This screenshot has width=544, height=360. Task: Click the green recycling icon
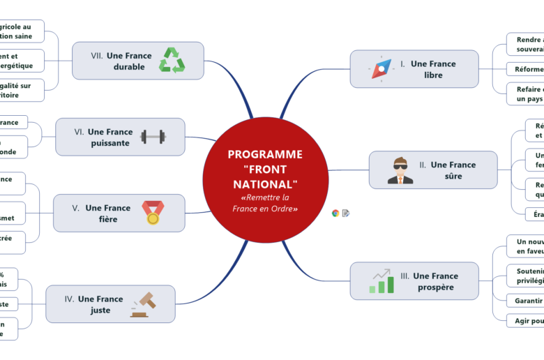[x=172, y=60]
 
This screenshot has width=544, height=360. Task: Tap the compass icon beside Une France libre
[x=381, y=69]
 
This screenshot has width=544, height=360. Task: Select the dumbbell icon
[x=153, y=137]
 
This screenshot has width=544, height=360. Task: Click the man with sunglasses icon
[x=400, y=170]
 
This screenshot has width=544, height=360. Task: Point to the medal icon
[x=152, y=212]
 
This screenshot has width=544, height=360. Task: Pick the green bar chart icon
[x=381, y=280]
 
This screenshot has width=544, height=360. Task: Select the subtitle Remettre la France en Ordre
[x=265, y=203]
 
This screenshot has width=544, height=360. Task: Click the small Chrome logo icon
[x=335, y=213]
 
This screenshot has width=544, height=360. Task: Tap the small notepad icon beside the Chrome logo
[x=346, y=213]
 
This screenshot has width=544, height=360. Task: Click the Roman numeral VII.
[x=97, y=56]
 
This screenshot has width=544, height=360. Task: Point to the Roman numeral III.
[x=405, y=276]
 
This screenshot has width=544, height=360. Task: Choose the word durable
[x=129, y=67]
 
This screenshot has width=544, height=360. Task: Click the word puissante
[x=110, y=143]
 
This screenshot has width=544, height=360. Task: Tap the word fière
[x=108, y=219]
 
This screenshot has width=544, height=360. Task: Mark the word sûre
[x=453, y=176]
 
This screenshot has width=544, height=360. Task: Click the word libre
[x=433, y=75]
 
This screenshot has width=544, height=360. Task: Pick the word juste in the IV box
[x=100, y=310]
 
